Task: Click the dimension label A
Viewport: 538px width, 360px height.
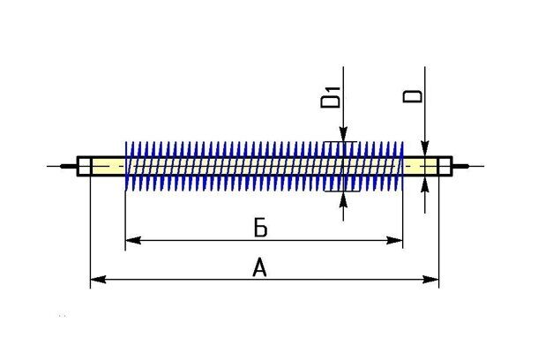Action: [x=259, y=268]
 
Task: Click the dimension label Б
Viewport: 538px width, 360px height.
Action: [x=260, y=228]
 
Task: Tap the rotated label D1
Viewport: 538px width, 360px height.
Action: [x=330, y=98]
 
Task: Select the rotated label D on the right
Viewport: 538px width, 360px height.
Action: [x=413, y=96]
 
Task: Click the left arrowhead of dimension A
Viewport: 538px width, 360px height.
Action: [x=98, y=279]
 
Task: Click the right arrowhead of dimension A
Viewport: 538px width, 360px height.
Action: [x=431, y=279]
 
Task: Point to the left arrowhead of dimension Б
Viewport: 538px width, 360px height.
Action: [x=133, y=240]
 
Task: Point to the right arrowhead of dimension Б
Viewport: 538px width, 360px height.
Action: [x=394, y=240]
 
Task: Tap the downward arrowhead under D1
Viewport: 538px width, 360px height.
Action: [x=343, y=134]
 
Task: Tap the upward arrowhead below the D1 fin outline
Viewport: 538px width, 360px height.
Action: [x=343, y=199]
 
